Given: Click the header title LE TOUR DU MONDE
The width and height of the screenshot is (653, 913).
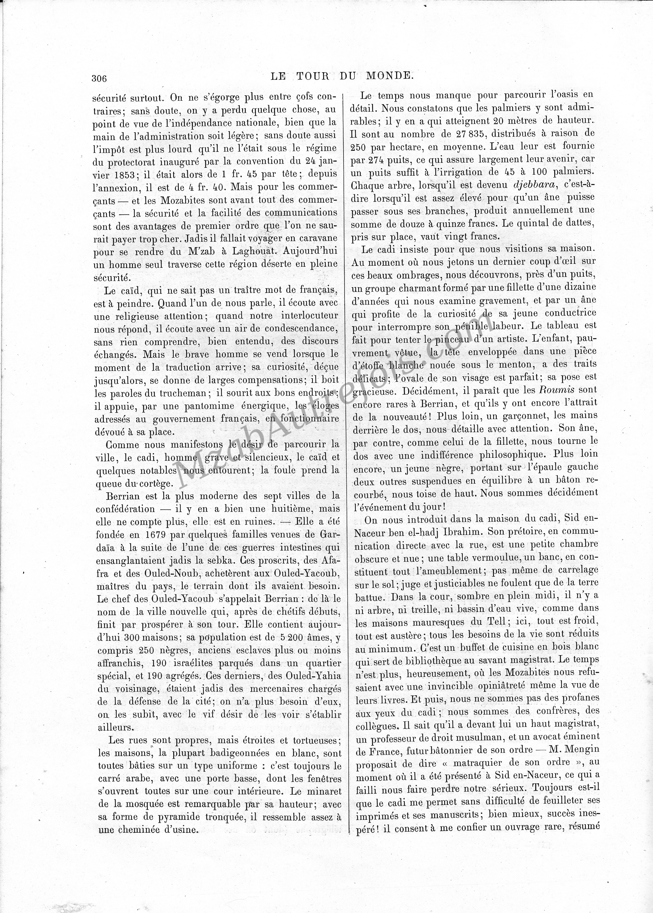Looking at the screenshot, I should click(341, 75).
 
